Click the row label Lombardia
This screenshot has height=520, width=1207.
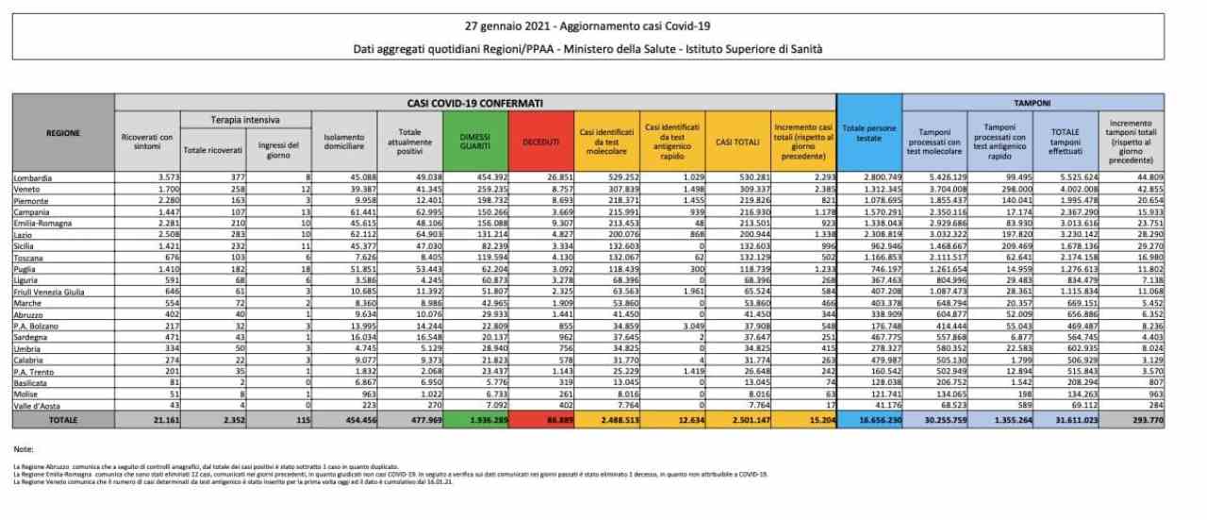32,176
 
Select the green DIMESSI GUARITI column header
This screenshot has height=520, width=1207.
475,142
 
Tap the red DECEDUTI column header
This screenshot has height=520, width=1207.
540,142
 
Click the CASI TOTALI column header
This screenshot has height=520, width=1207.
736,142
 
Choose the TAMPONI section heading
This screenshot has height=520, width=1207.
1033,101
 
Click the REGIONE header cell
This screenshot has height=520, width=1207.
62,133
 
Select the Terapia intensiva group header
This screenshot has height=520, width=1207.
244,120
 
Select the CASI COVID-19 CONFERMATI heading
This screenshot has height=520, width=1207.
475,101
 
